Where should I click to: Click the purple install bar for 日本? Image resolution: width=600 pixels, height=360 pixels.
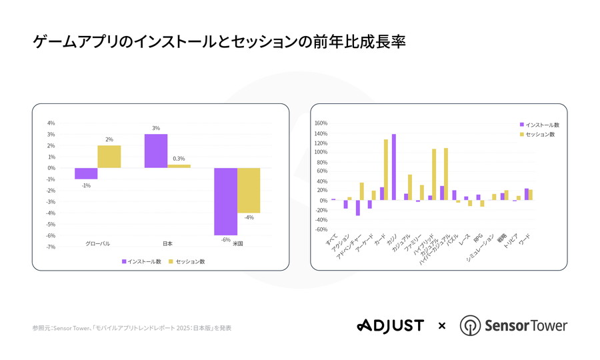click(156, 151)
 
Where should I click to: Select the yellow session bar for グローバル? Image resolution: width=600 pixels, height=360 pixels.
click(109, 157)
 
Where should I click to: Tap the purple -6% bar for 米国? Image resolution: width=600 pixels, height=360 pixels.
click(225, 201)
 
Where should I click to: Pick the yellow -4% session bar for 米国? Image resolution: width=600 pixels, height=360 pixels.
click(249, 190)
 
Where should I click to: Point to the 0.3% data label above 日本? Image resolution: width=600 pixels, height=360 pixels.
click(179, 159)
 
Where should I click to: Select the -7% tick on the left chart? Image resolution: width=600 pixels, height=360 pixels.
click(51, 247)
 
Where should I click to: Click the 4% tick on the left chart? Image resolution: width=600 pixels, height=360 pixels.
click(51, 123)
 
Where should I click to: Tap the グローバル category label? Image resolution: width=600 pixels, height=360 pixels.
click(97, 244)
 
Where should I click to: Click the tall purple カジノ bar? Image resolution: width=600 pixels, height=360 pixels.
click(393, 167)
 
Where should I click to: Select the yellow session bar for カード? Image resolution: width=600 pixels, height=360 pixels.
click(386, 169)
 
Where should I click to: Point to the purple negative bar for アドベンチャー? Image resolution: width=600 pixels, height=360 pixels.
click(357, 207)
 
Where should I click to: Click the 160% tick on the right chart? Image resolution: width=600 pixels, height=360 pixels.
click(320, 123)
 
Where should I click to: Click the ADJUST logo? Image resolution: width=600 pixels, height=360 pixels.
click(390, 325)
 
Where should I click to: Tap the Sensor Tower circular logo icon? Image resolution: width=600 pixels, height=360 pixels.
click(471, 326)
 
